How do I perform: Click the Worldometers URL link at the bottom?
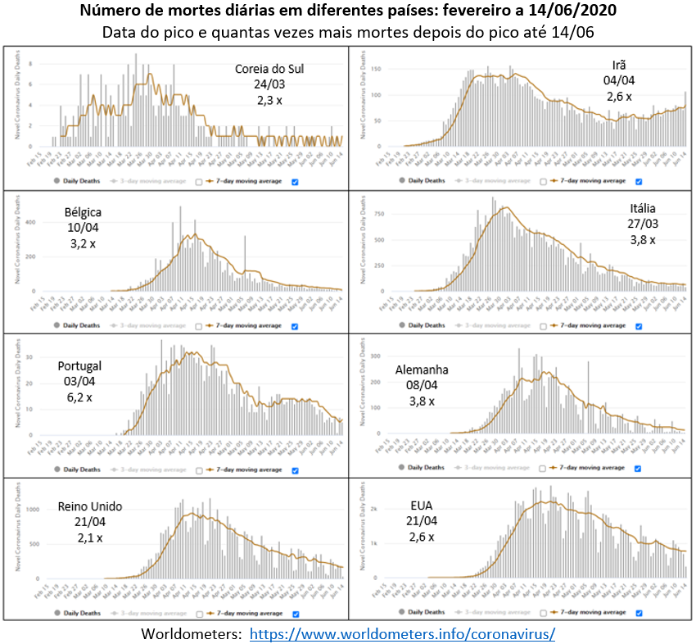point(402,634)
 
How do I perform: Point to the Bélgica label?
point(84,213)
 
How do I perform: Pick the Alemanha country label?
point(423,370)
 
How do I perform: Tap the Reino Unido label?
point(91,506)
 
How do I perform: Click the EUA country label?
point(420,505)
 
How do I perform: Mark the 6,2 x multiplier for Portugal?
point(79,397)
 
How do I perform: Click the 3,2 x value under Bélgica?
point(83,245)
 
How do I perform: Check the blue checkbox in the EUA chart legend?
point(639,611)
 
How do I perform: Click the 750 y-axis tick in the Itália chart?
point(377,213)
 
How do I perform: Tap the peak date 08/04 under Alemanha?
point(423,385)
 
